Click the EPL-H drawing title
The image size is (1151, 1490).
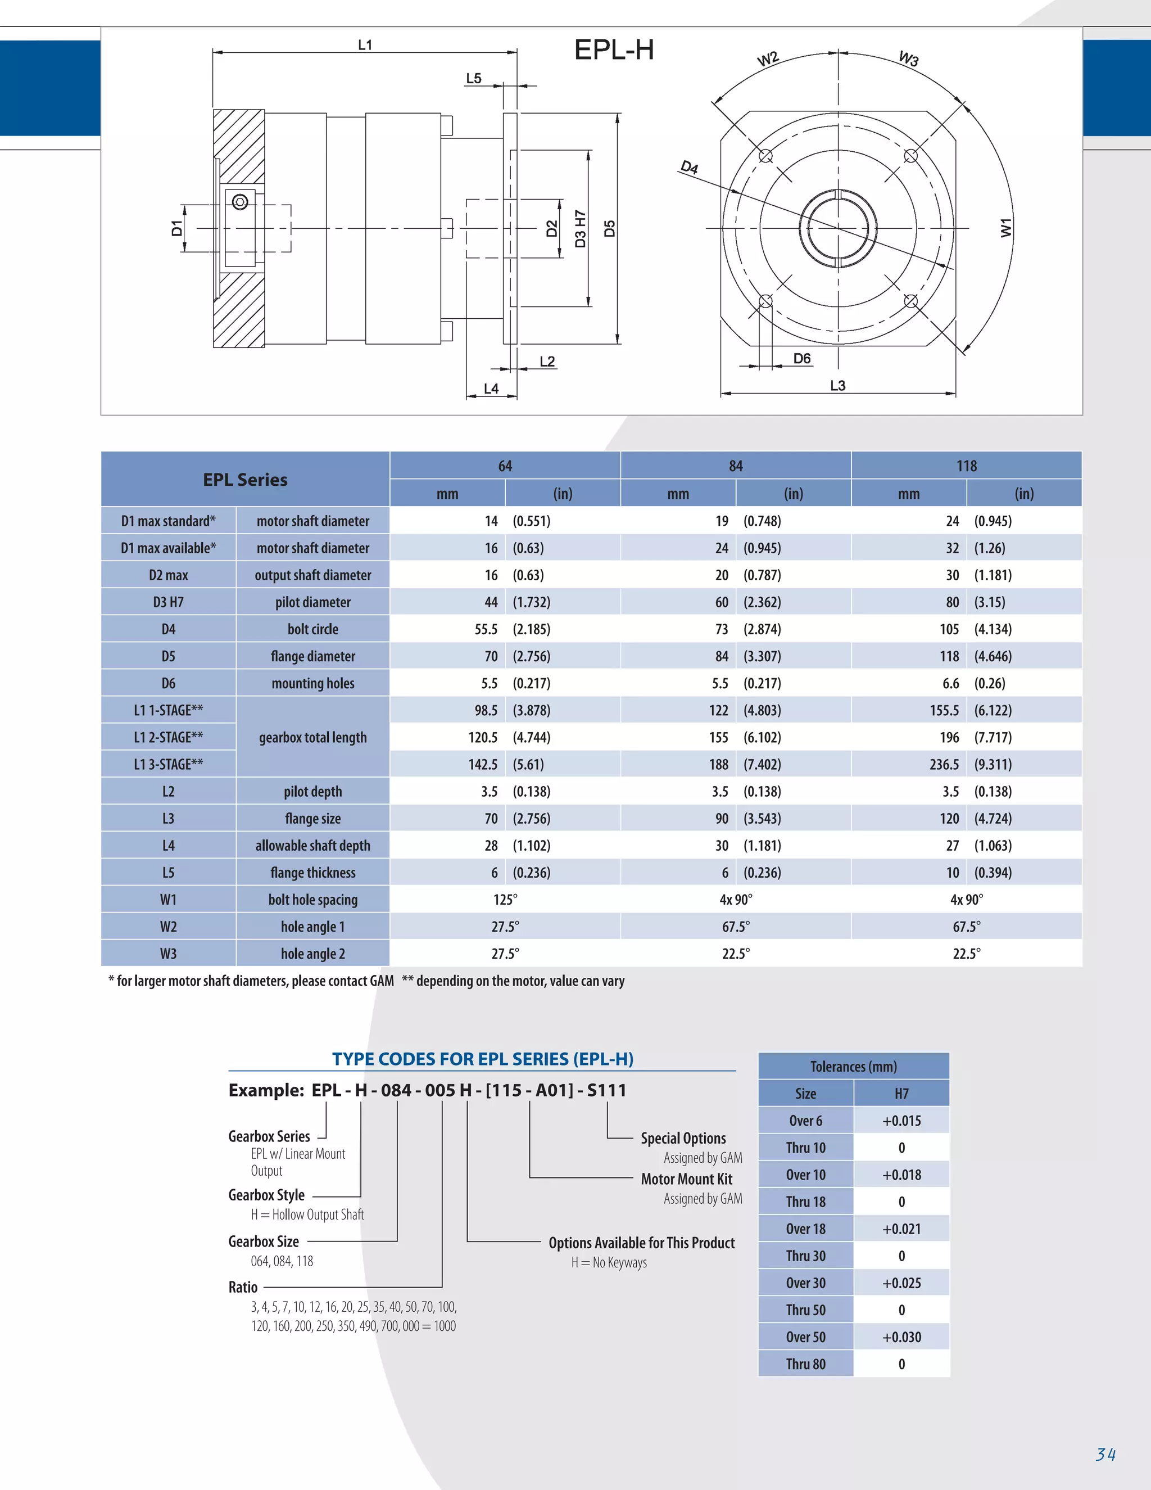[614, 50]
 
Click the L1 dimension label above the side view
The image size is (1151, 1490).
[365, 45]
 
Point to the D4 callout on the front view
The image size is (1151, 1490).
[690, 167]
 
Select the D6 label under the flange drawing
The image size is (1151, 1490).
[802, 358]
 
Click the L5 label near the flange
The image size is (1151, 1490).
[473, 79]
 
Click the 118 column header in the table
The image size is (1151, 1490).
[966, 466]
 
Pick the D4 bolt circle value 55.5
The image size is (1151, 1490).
[486, 629]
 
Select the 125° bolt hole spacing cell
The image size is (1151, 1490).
[505, 899]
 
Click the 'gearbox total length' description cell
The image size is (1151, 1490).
[313, 738]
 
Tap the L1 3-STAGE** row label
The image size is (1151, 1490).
[169, 764]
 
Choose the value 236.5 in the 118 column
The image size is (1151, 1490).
[944, 764]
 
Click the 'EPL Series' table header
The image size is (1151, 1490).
[246, 480]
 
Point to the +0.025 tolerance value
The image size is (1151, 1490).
[901, 1283]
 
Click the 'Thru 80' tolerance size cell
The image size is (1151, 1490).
[805, 1364]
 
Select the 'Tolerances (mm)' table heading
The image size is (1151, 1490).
[853, 1066]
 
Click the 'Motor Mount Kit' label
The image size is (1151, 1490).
[686, 1179]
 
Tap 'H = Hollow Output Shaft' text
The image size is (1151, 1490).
[307, 1214]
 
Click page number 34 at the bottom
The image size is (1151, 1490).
[1105, 1454]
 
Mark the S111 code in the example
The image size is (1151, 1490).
[606, 1090]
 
